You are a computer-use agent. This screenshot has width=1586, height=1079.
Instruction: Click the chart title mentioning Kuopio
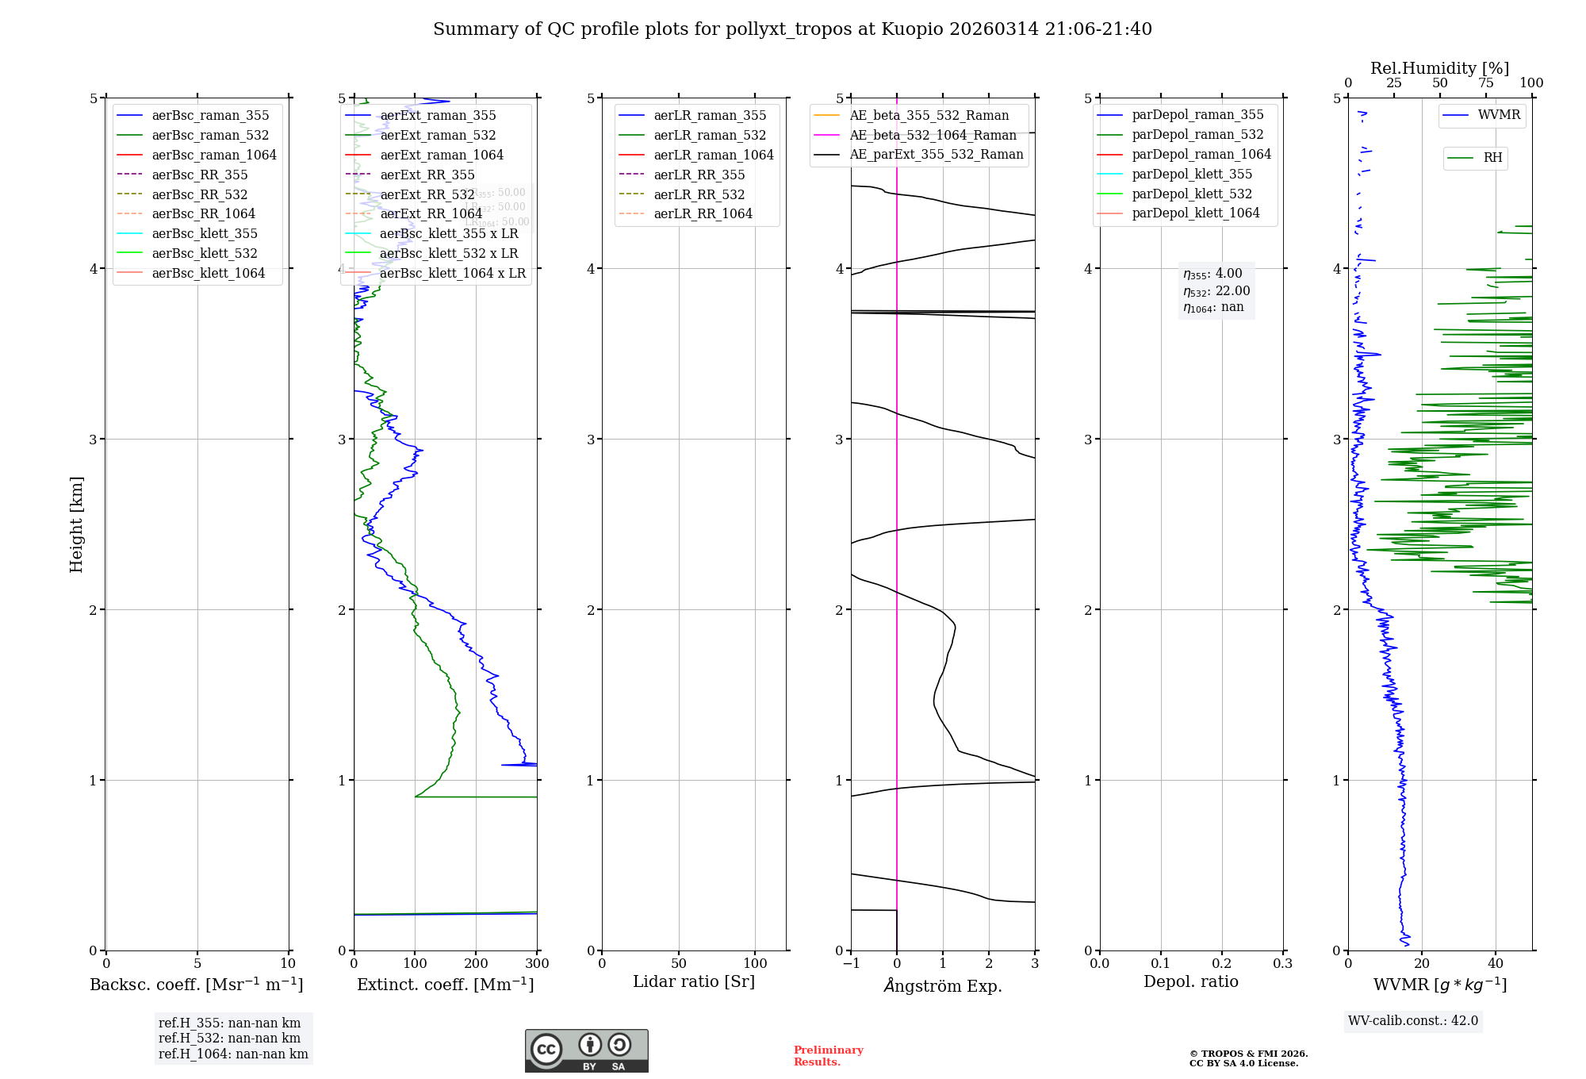tap(792, 29)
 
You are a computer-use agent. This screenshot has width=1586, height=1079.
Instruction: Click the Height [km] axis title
tap(76, 524)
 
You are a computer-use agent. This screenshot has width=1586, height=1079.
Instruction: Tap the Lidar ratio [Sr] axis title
tap(694, 982)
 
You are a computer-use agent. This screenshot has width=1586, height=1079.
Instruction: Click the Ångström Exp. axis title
tap(943, 986)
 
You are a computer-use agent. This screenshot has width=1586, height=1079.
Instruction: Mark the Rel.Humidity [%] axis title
tap(1439, 68)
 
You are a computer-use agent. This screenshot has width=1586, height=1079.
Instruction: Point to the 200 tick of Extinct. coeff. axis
tap(476, 964)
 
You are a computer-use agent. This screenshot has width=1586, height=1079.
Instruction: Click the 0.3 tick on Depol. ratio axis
tap(1282, 964)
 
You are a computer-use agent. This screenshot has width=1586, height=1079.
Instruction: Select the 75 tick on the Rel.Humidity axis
tap(1485, 83)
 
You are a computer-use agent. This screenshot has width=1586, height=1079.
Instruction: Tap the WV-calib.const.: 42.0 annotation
tap(1413, 1021)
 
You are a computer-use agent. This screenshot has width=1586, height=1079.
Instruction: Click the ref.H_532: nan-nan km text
tap(229, 1039)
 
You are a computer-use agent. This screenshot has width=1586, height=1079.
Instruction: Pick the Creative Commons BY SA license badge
tap(586, 1051)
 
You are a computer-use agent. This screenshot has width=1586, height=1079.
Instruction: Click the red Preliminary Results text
tap(828, 1056)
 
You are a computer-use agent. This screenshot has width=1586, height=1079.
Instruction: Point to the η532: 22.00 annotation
tap(1216, 291)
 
